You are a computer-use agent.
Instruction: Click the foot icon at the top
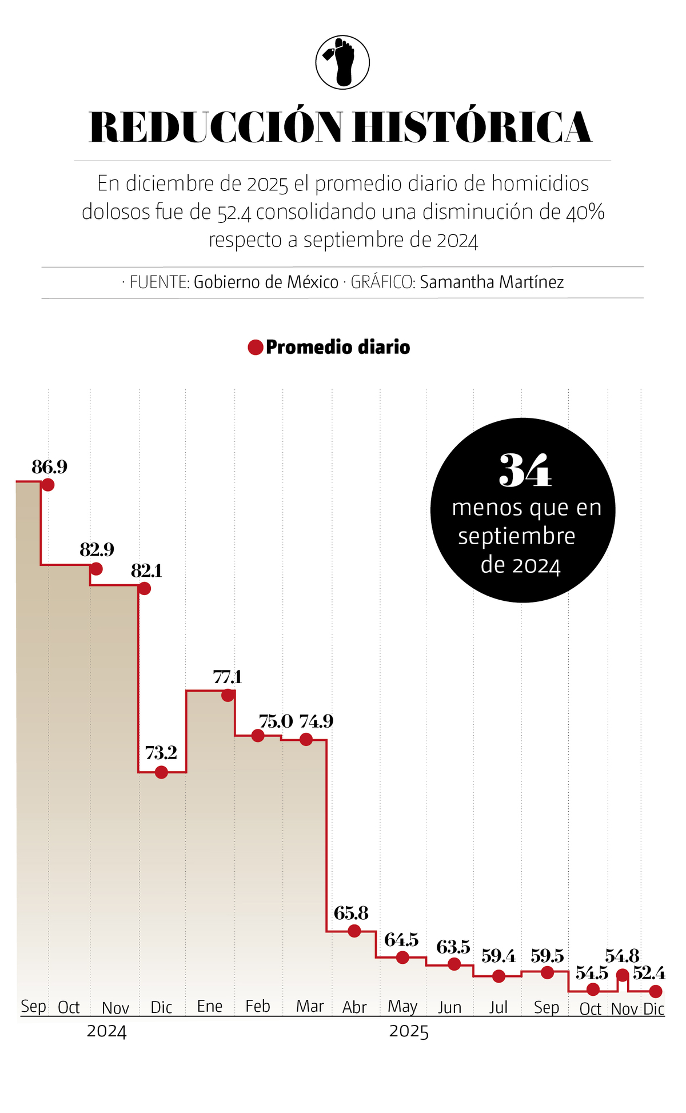(342, 62)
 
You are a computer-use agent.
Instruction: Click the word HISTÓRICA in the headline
(472, 127)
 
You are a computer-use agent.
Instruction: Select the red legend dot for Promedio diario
(255, 347)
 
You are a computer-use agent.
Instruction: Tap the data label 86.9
(49, 467)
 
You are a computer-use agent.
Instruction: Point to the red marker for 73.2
(161, 772)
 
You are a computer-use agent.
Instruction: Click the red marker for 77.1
(228, 695)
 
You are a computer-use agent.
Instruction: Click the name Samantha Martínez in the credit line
(492, 282)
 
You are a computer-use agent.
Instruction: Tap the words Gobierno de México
(266, 282)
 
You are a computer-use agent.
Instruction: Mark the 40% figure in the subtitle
(585, 212)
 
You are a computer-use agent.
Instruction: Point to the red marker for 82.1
(145, 588)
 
